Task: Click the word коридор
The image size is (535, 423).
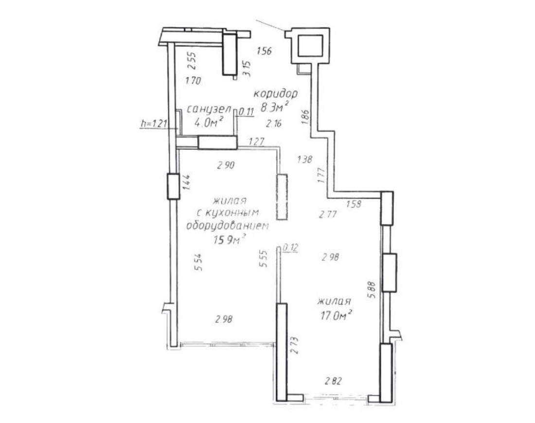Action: click(x=276, y=94)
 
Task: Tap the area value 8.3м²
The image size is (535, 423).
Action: click(x=275, y=107)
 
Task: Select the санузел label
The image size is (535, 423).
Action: click(x=209, y=109)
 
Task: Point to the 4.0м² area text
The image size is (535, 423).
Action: click(x=209, y=122)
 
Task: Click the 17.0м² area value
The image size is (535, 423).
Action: click(x=336, y=315)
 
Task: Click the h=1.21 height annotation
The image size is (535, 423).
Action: click(x=154, y=123)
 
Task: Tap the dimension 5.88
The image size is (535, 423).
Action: click(x=372, y=290)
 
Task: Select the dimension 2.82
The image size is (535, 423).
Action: click(x=333, y=381)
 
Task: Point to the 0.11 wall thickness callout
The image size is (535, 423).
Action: click(x=247, y=111)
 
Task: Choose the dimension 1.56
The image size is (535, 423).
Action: click(x=264, y=51)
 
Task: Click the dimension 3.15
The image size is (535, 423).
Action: click(x=247, y=69)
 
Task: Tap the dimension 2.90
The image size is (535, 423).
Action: click(x=226, y=165)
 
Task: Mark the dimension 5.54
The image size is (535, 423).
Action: click(x=198, y=262)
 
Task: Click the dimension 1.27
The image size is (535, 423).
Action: click(x=256, y=141)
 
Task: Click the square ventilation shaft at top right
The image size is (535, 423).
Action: click(x=310, y=45)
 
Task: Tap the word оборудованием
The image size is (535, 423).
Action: click(x=227, y=226)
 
